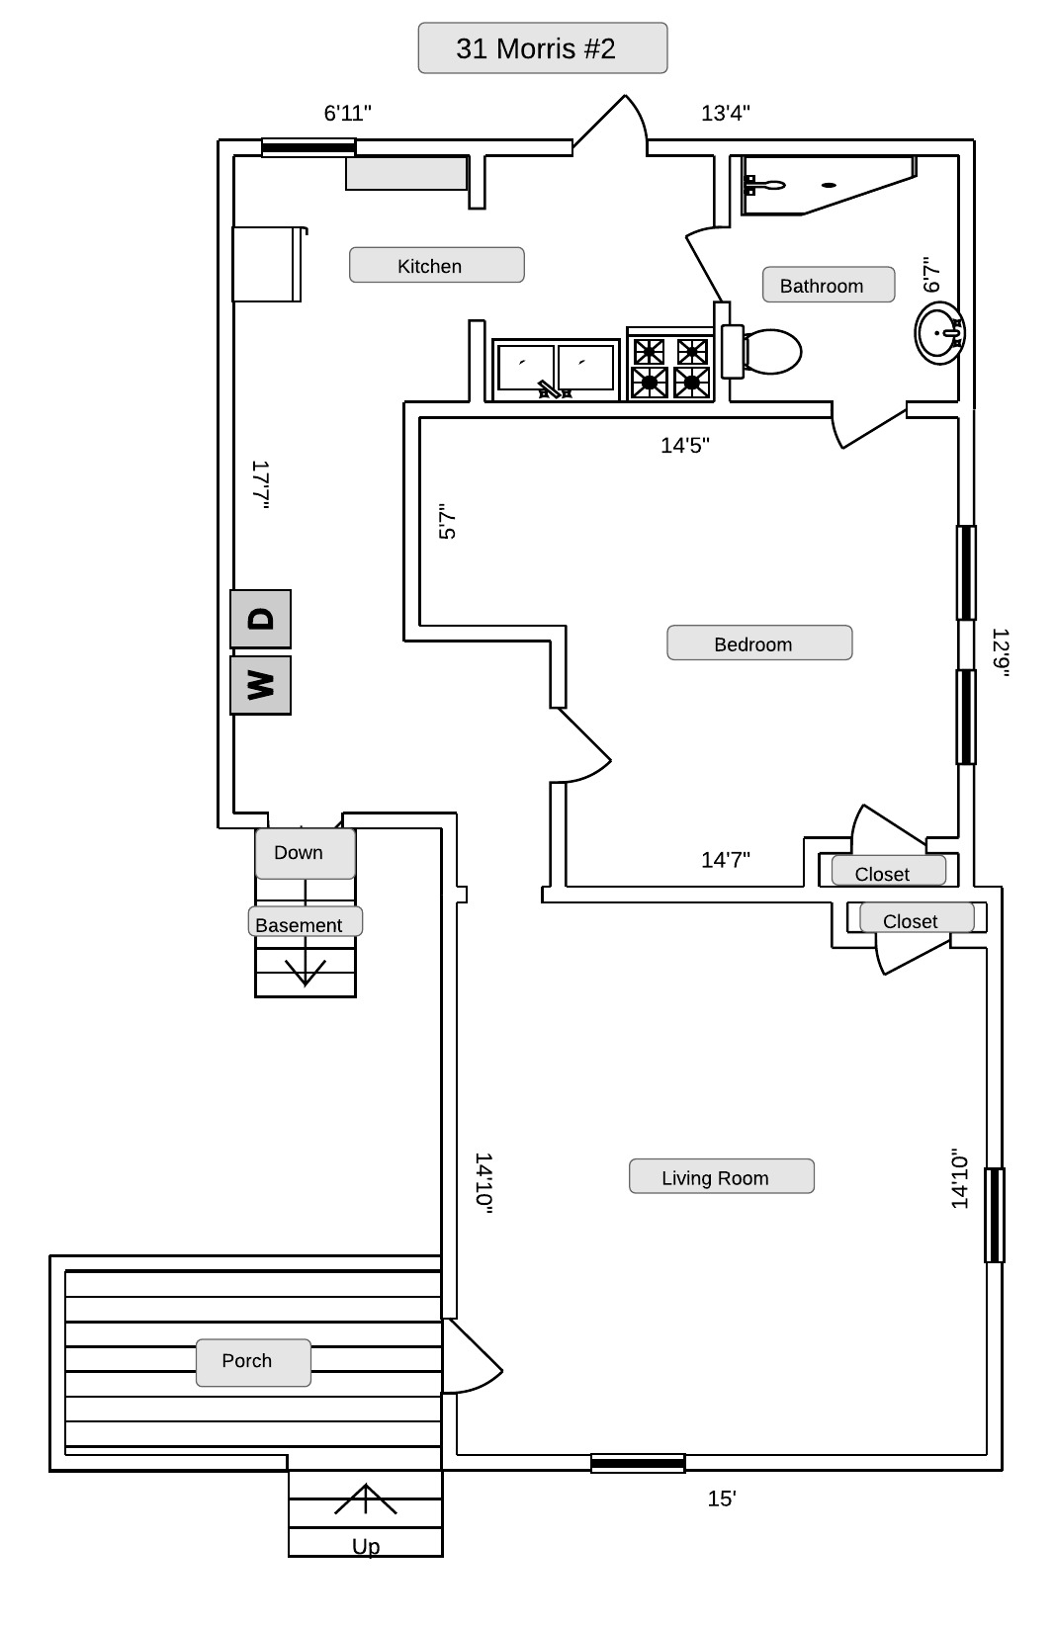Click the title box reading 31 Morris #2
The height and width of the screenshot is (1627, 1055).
542,48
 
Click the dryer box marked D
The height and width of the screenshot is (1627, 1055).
260,619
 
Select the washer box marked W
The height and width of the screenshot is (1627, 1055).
260,684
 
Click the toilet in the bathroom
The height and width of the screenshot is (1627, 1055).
767,352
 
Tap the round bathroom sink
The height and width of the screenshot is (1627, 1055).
937,332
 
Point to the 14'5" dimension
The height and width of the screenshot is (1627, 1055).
685,445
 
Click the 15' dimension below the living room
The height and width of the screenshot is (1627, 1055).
722,1499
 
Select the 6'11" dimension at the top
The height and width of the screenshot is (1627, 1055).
348,113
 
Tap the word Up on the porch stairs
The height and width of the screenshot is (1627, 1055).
366,1546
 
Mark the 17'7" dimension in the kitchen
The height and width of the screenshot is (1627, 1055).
260,484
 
